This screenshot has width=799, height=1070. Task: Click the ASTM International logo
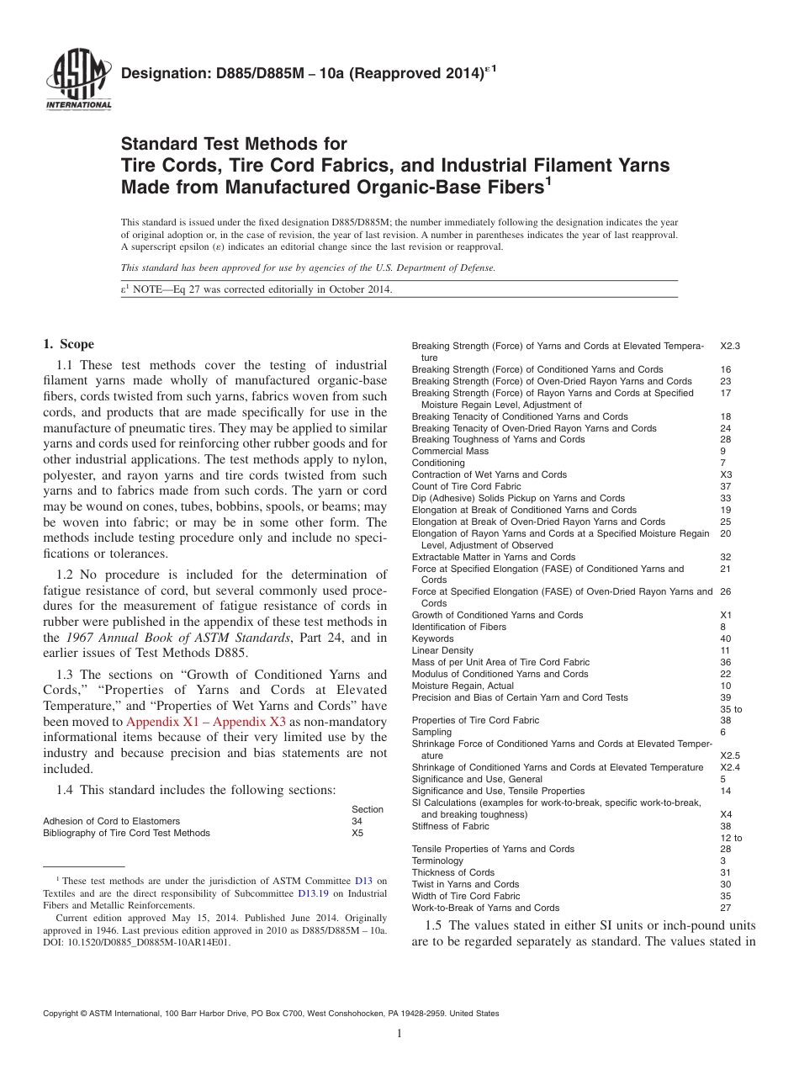pos(78,81)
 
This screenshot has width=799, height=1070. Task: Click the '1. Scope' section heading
pos(68,344)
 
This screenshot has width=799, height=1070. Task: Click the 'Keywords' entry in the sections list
pos(431,638)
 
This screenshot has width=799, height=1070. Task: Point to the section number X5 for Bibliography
pos(358,833)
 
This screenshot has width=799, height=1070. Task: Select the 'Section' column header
pos(368,809)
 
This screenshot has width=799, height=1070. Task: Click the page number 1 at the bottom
pos(399,1034)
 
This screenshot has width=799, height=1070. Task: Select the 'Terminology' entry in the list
pos(437,861)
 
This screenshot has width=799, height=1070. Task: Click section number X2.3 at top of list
pos(730,346)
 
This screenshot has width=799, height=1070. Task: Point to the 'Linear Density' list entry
pos(442,650)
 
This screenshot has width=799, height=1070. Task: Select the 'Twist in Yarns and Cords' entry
pos(465,884)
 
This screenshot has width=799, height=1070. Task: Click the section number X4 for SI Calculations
pos(727,814)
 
